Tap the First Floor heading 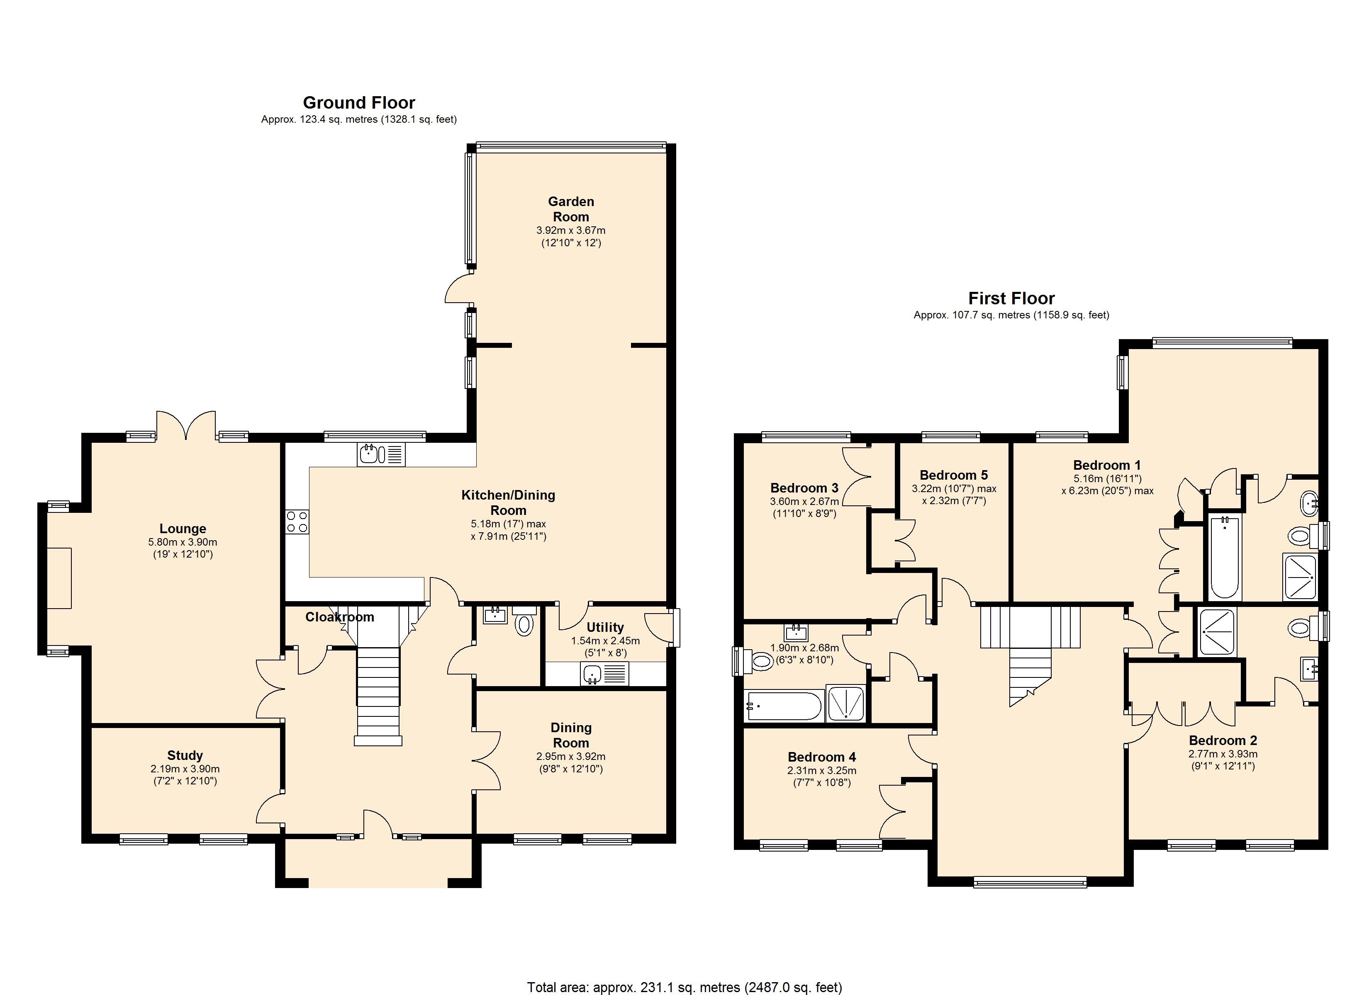point(1012,298)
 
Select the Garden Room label point(571,209)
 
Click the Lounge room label point(183,529)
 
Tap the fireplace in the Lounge point(59,578)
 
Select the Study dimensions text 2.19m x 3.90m point(185,769)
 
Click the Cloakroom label point(340,616)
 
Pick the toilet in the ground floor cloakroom point(524,621)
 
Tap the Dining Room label point(571,735)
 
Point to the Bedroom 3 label point(805,488)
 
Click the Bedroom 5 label point(954,475)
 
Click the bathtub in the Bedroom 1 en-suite point(1224,557)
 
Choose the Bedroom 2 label point(1223,740)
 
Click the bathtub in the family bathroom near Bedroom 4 point(784,706)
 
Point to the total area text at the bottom point(684,987)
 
